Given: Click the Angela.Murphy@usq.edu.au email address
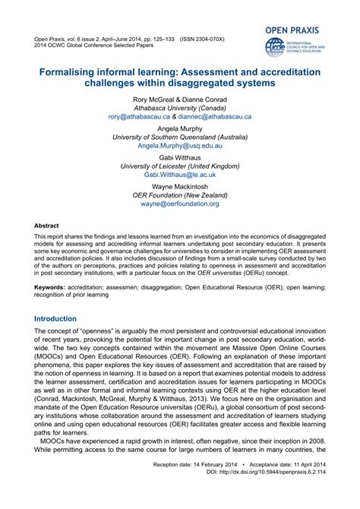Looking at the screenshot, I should click(x=180, y=145).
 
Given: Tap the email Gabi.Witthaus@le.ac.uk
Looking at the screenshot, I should click(x=180, y=174).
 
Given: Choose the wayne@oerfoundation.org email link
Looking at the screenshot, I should click(x=180, y=204).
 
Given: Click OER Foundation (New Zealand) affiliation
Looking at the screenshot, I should click(x=180, y=194).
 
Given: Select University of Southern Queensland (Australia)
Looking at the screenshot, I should click(x=180, y=136).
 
